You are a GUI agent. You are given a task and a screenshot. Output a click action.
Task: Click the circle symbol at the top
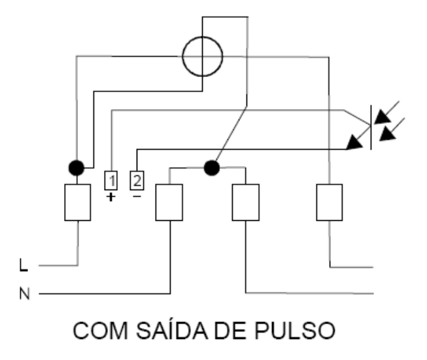point(203,37)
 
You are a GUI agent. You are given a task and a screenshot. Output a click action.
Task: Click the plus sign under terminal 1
point(111,197)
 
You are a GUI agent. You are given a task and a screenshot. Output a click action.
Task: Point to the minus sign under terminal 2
point(137,196)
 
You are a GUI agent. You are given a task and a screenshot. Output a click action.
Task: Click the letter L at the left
point(24,265)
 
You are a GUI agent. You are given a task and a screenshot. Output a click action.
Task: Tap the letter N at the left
point(24,293)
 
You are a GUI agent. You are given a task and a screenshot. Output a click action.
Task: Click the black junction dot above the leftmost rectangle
point(77,168)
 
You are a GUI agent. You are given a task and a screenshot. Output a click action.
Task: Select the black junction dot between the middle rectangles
point(212,168)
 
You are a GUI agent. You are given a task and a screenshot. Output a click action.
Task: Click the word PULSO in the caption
point(295,331)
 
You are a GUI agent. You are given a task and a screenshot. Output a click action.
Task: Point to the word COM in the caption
point(100,331)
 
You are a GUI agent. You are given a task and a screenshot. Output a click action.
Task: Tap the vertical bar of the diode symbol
point(371,127)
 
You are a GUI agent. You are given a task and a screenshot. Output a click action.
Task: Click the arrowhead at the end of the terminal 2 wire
point(354,142)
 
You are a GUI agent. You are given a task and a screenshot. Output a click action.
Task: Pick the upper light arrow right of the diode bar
point(386,112)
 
